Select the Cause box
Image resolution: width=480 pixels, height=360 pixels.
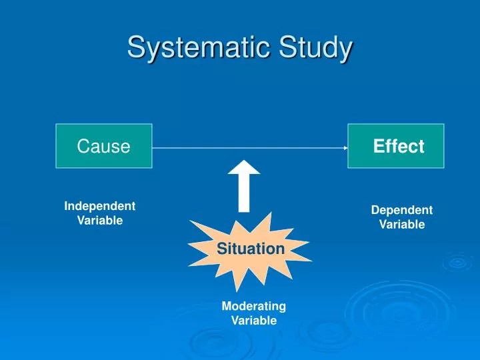coord(104,146)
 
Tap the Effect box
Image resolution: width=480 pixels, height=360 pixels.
coord(395,146)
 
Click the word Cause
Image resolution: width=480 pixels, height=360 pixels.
coord(104,147)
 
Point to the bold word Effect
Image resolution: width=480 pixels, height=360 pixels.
coord(399,147)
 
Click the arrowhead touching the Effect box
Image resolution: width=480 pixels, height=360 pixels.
coord(345,148)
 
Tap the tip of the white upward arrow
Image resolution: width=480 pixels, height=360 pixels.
coord(244,162)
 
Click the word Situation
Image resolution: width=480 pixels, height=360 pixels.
coord(251,249)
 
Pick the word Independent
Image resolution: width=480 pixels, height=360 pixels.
coord(100,207)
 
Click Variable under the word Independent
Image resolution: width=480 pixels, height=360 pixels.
coord(100,221)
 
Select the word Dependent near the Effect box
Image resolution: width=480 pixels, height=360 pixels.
coord(402,210)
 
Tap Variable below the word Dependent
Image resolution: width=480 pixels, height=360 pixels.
coord(402,225)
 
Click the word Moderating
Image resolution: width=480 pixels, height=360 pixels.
coord(254,306)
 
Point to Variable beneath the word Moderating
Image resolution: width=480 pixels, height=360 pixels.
coord(254,321)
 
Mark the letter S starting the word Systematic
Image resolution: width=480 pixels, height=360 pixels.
coord(136,48)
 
